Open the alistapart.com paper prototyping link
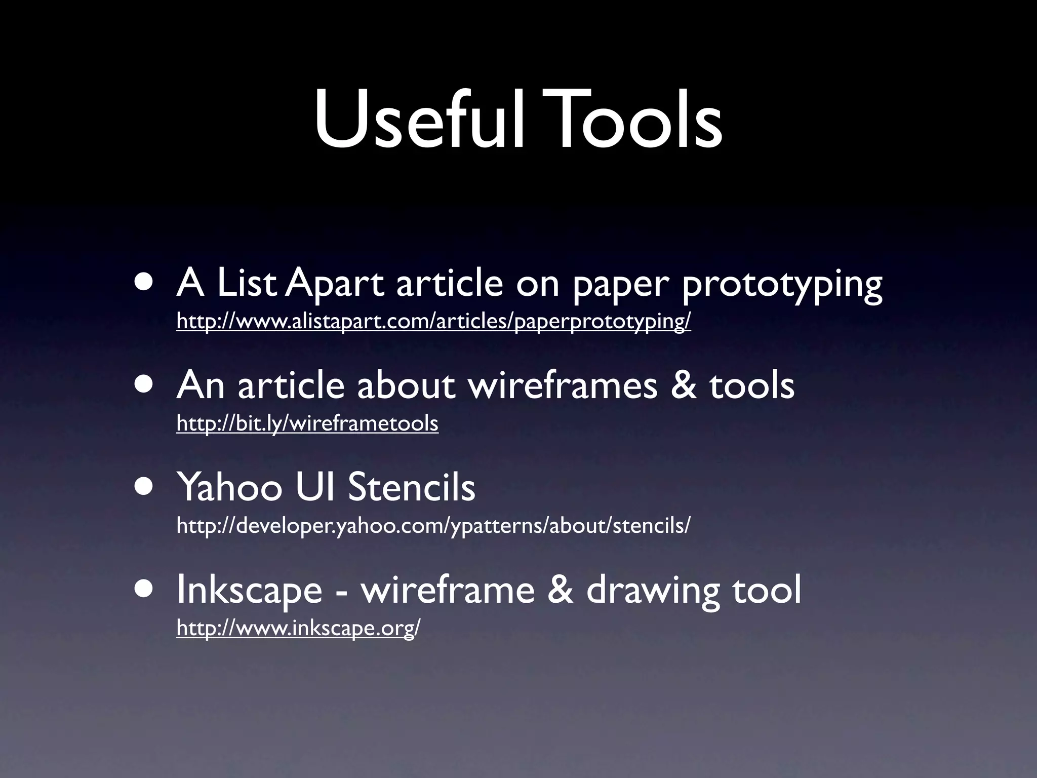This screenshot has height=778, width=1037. [x=433, y=321]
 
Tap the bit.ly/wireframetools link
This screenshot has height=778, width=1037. [x=307, y=423]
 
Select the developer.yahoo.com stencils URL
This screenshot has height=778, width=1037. [x=433, y=526]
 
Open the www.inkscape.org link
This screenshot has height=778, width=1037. [x=298, y=628]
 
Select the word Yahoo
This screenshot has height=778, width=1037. [x=229, y=487]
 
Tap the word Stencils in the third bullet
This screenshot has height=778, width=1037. [x=411, y=487]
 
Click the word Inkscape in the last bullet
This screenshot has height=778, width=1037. [x=249, y=591]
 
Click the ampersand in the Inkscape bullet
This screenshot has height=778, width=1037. [x=560, y=590]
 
